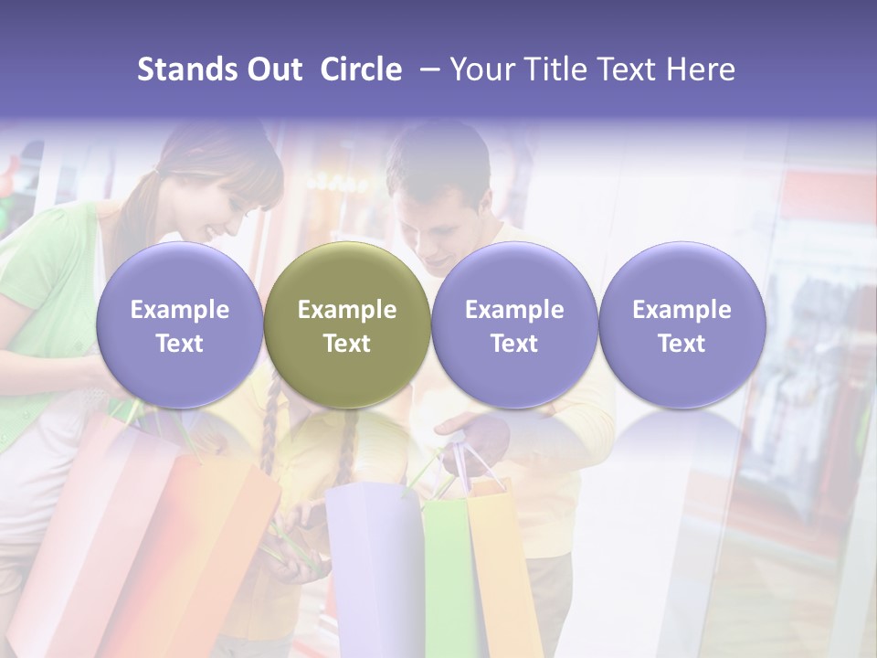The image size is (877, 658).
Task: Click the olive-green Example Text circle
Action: click(x=347, y=325)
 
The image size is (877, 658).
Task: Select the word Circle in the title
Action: click(x=361, y=69)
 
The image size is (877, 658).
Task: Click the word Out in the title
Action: click(x=273, y=69)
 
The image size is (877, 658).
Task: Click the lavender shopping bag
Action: click(x=370, y=567)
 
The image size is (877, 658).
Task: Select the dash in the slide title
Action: click(x=431, y=69)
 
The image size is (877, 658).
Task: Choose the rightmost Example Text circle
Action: click(x=682, y=325)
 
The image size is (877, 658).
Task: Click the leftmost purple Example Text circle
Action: click(x=179, y=325)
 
